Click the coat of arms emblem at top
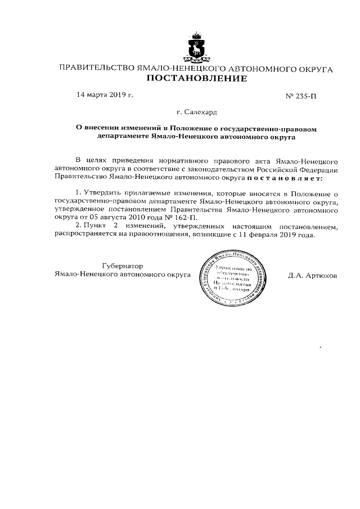click(196, 47)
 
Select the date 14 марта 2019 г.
click(105, 94)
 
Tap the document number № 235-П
click(301, 96)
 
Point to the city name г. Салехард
click(196, 113)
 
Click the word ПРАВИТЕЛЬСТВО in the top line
click(93, 69)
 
